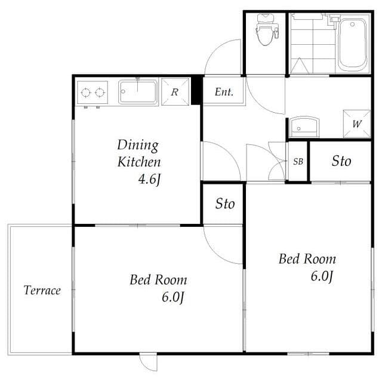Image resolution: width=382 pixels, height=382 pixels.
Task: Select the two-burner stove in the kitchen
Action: click(93, 93)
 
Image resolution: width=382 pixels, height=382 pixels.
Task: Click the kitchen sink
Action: click(137, 93)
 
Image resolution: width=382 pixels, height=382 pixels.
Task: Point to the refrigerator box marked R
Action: click(174, 93)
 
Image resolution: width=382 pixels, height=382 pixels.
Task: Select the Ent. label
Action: click(224, 93)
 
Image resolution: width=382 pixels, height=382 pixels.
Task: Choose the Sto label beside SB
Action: click(341, 161)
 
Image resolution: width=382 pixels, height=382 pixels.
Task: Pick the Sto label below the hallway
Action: click(225, 204)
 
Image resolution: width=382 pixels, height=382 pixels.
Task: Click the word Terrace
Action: click(42, 291)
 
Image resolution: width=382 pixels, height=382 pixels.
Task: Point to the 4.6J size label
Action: click(149, 178)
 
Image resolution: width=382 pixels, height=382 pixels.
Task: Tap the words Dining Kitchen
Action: click(138, 153)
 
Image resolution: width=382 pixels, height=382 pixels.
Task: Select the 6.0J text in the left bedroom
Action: click(171, 297)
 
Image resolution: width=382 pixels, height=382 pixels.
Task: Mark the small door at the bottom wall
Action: click(148, 362)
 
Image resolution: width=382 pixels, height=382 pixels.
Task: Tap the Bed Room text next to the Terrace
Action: click(158, 279)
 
